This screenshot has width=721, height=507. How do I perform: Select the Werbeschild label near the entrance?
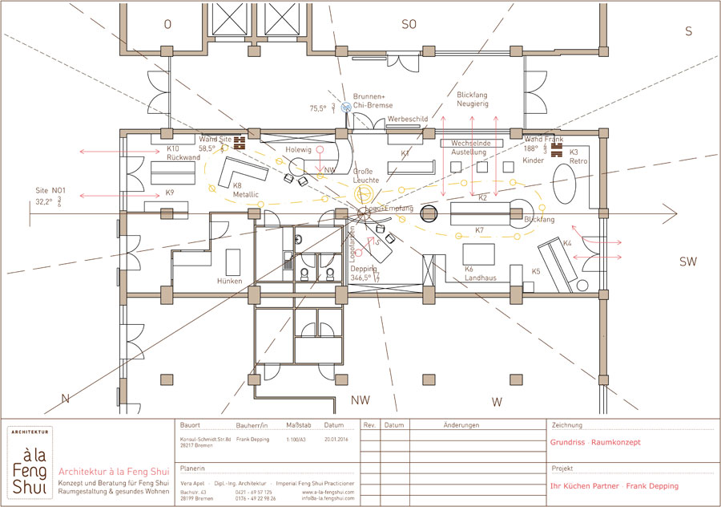407,119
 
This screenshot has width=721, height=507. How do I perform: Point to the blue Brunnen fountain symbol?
346,106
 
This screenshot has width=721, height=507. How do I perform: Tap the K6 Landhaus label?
481,274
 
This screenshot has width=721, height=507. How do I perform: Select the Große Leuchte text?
365,176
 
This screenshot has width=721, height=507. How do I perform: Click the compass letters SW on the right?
688,262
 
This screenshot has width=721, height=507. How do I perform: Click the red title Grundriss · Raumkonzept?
595,442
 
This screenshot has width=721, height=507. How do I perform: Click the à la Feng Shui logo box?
30,463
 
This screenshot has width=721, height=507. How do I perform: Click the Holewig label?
297,149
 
